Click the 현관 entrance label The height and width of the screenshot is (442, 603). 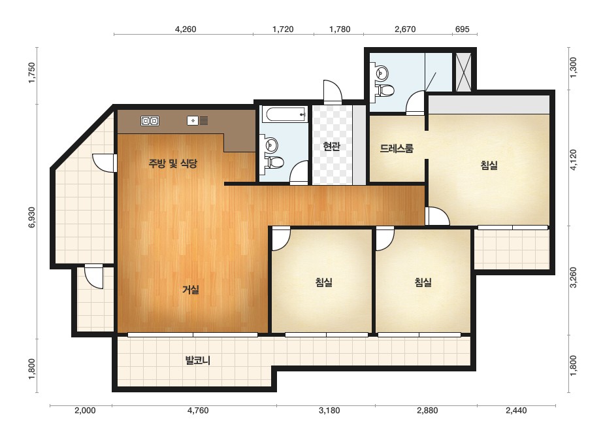(x=331, y=146)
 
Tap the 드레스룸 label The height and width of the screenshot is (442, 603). (x=397, y=148)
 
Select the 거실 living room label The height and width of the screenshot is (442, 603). (x=191, y=289)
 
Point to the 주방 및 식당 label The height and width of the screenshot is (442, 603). (x=172, y=163)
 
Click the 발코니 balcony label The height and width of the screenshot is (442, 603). (x=198, y=360)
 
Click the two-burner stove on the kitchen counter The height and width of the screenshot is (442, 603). (x=150, y=121)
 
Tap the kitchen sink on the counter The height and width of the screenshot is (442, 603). (x=198, y=121)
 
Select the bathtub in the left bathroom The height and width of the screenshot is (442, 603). (x=284, y=114)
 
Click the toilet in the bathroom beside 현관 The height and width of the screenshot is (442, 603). (x=274, y=162)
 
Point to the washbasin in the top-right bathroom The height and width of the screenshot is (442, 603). (x=380, y=73)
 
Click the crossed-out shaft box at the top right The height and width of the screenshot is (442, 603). (x=463, y=72)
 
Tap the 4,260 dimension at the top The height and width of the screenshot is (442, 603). (x=186, y=29)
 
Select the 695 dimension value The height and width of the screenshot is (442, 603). (x=463, y=29)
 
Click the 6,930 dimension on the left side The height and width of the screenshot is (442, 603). (x=31, y=218)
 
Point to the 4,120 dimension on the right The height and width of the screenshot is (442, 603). (x=574, y=160)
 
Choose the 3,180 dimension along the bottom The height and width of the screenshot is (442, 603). (x=329, y=411)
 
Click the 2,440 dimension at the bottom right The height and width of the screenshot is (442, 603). (x=516, y=411)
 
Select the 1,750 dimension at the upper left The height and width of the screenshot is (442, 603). (x=31, y=73)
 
